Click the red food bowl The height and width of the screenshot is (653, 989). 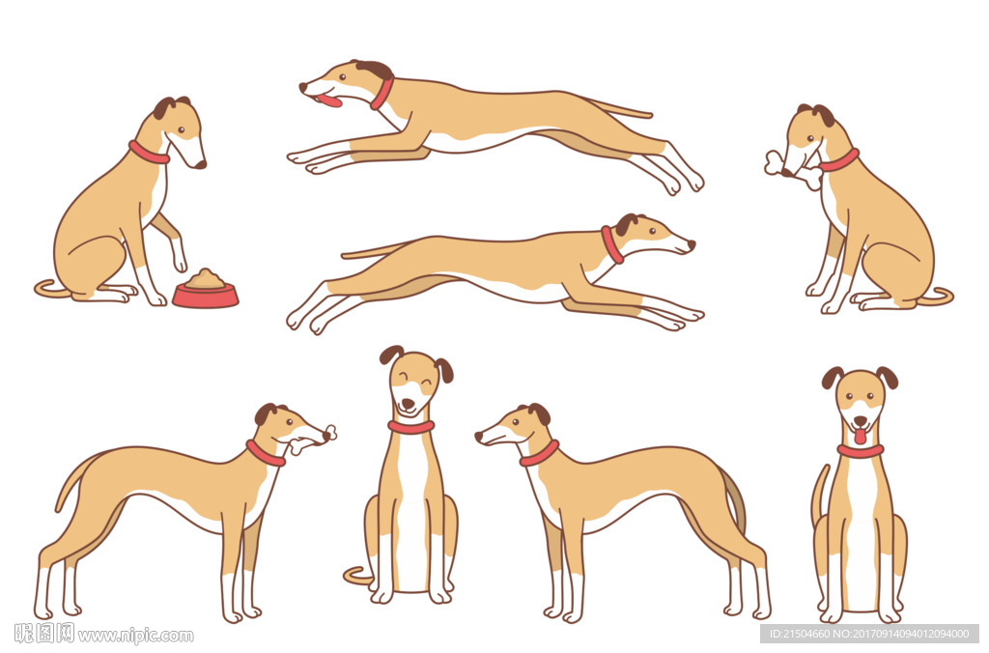pyautogui.click(x=205, y=295)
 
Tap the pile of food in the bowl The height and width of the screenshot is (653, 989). pyautogui.click(x=206, y=278)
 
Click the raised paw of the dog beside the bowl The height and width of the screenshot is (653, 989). pyautogui.click(x=181, y=260)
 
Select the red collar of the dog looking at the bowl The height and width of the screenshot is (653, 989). pyautogui.click(x=149, y=152)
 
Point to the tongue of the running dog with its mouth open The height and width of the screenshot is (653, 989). pyautogui.click(x=330, y=99)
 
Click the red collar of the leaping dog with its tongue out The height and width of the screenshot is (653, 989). pyautogui.click(x=382, y=94)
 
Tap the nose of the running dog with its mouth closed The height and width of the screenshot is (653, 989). pyautogui.click(x=692, y=244)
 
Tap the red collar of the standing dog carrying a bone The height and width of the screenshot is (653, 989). pyautogui.click(x=265, y=453)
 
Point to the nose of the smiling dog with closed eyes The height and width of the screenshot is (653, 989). pyautogui.click(x=409, y=403)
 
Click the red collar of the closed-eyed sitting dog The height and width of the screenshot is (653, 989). pyautogui.click(x=410, y=427)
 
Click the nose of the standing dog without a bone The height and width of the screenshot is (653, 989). pyautogui.click(x=479, y=436)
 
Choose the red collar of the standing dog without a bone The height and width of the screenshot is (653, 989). pyautogui.click(x=539, y=454)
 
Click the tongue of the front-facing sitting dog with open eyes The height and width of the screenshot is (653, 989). pyautogui.click(x=860, y=436)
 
